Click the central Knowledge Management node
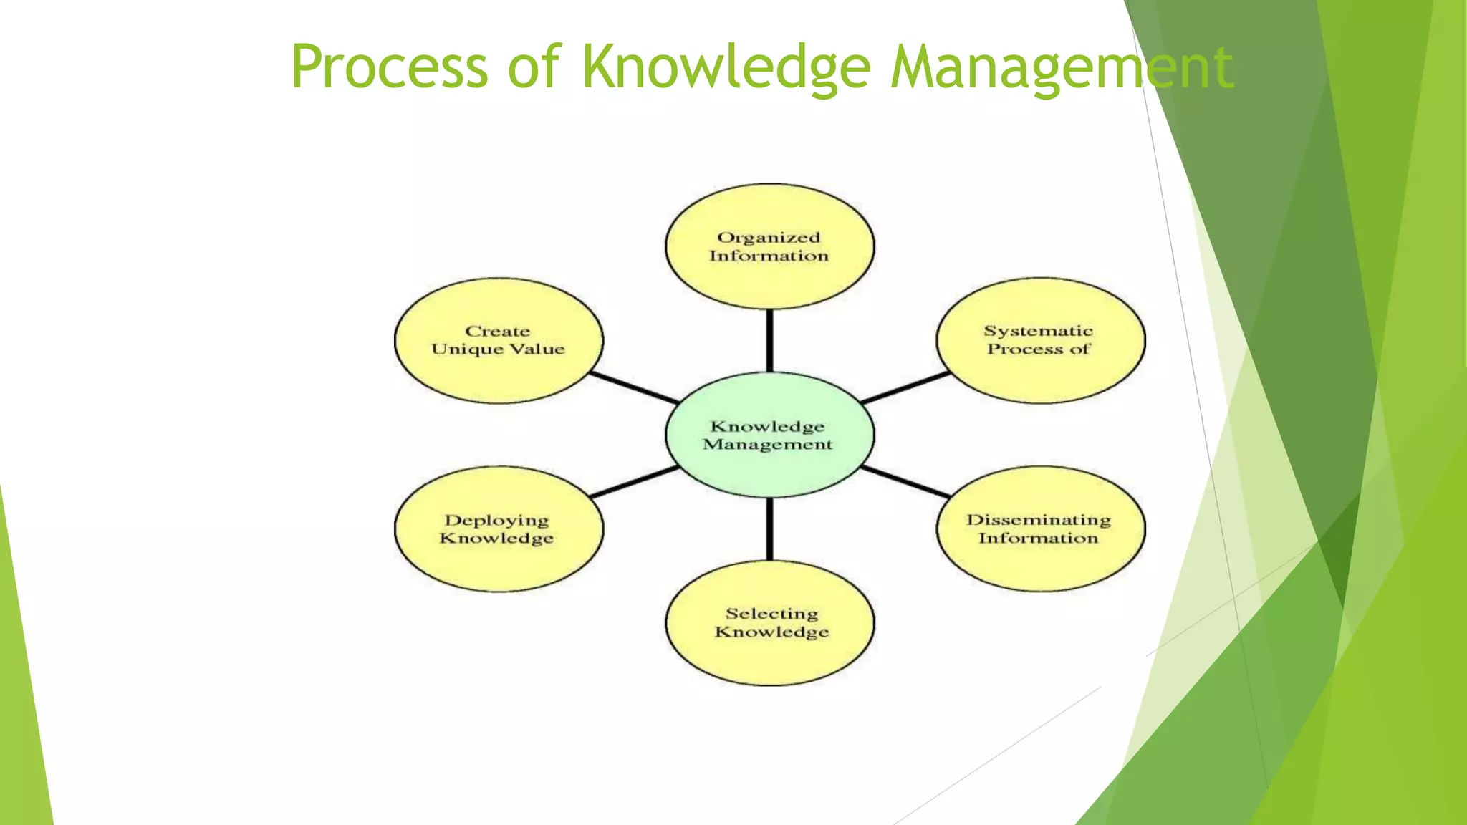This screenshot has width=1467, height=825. [769, 435]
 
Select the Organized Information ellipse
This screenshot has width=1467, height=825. [769, 246]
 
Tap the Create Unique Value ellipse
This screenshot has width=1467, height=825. [499, 340]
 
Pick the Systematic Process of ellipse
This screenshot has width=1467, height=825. [1040, 340]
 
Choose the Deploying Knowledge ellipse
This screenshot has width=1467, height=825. [499, 529]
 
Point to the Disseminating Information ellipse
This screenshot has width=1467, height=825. [1040, 529]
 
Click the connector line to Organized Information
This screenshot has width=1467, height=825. [769, 341]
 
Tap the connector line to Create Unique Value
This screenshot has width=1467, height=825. [634, 387]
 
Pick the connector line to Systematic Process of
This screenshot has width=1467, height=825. [905, 387]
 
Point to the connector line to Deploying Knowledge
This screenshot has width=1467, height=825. [634, 481]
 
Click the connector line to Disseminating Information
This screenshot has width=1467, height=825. [905, 481]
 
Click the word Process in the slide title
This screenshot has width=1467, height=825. [389, 67]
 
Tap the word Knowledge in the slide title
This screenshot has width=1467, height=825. [726, 67]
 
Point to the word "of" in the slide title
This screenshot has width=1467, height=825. [534, 67]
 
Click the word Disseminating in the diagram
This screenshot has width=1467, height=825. [1039, 519]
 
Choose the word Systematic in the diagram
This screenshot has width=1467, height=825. [1038, 331]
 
